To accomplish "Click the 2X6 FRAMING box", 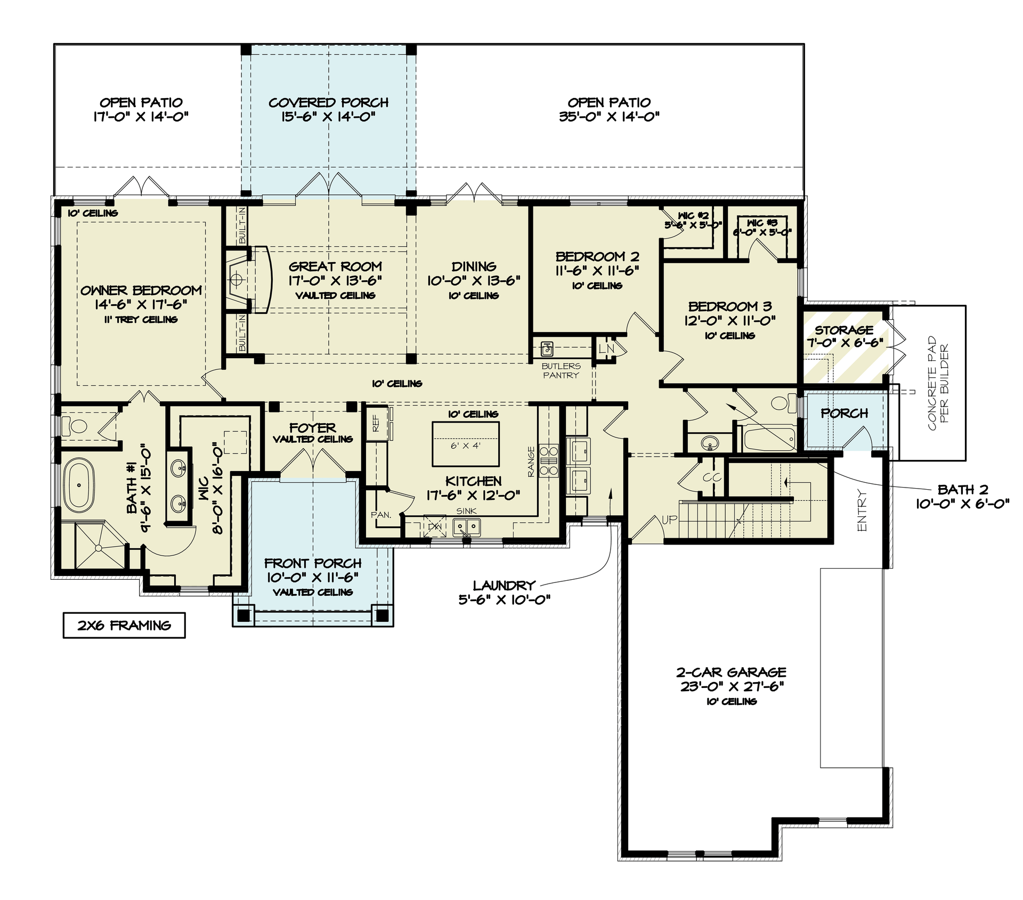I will (x=124, y=625).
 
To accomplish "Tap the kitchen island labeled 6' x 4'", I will (x=466, y=444).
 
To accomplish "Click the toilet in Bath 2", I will (x=782, y=403).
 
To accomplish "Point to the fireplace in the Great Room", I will (x=238, y=279).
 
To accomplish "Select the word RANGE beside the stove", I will (x=531, y=461).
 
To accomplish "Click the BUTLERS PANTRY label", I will (x=561, y=370).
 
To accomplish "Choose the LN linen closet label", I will (x=606, y=348).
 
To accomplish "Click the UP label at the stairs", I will (x=669, y=520).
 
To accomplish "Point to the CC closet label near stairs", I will (x=711, y=477).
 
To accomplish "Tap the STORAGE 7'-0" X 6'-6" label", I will (x=844, y=336).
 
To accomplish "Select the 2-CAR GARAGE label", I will (x=731, y=679).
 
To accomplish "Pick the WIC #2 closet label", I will (x=693, y=220).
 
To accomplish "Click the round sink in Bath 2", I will (x=709, y=442).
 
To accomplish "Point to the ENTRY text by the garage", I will (x=862, y=510).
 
